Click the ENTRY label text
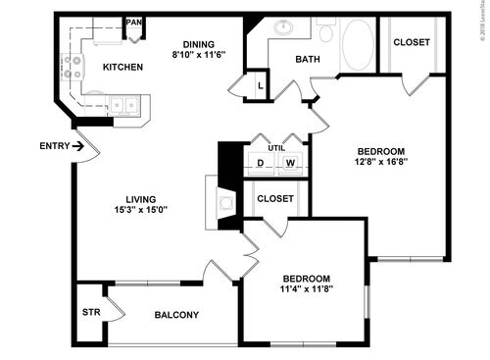55,146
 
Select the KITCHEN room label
122,67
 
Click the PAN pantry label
134,22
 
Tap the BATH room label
308,59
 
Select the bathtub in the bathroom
357,44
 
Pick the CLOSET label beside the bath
412,42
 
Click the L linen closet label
260,85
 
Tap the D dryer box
262,163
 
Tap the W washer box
290,163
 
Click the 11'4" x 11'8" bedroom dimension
308,288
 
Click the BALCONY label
177,315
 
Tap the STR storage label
90,313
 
